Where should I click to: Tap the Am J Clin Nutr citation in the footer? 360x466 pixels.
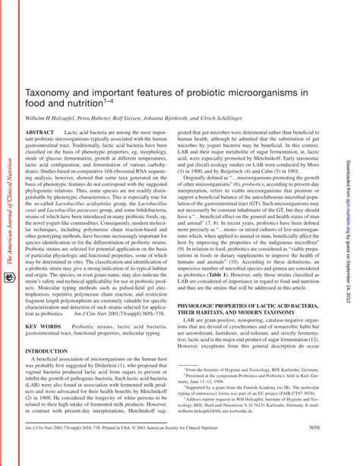click(x=53, y=449)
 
